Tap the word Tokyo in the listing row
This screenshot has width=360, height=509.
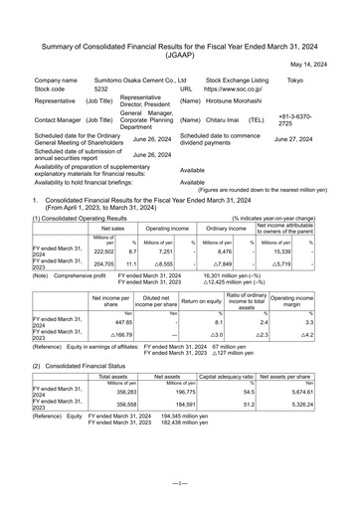(295, 78)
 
